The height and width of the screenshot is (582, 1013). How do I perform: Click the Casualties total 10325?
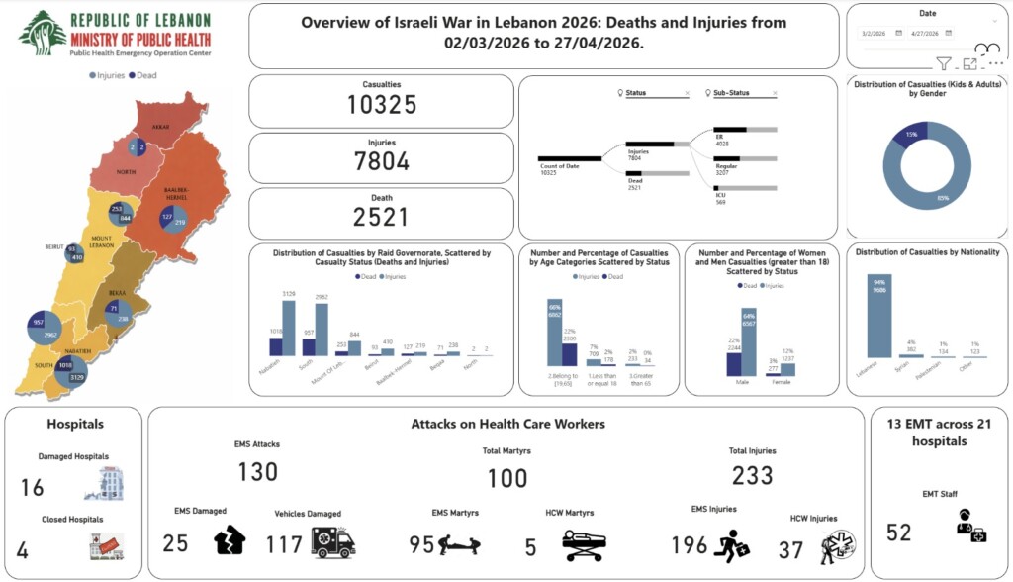(382, 104)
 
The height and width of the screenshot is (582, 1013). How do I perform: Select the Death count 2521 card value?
(382, 217)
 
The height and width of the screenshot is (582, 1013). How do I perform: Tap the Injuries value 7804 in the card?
(382, 160)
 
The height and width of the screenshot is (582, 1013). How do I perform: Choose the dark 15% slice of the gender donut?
(909, 139)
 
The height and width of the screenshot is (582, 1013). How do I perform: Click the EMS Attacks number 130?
(257, 472)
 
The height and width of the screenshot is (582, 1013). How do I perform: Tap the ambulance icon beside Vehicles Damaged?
(332, 541)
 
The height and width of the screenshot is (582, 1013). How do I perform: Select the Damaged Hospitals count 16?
(33, 487)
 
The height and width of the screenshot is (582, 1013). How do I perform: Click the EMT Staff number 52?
(898, 533)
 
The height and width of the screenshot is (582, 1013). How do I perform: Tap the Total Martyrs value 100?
(507, 478)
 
